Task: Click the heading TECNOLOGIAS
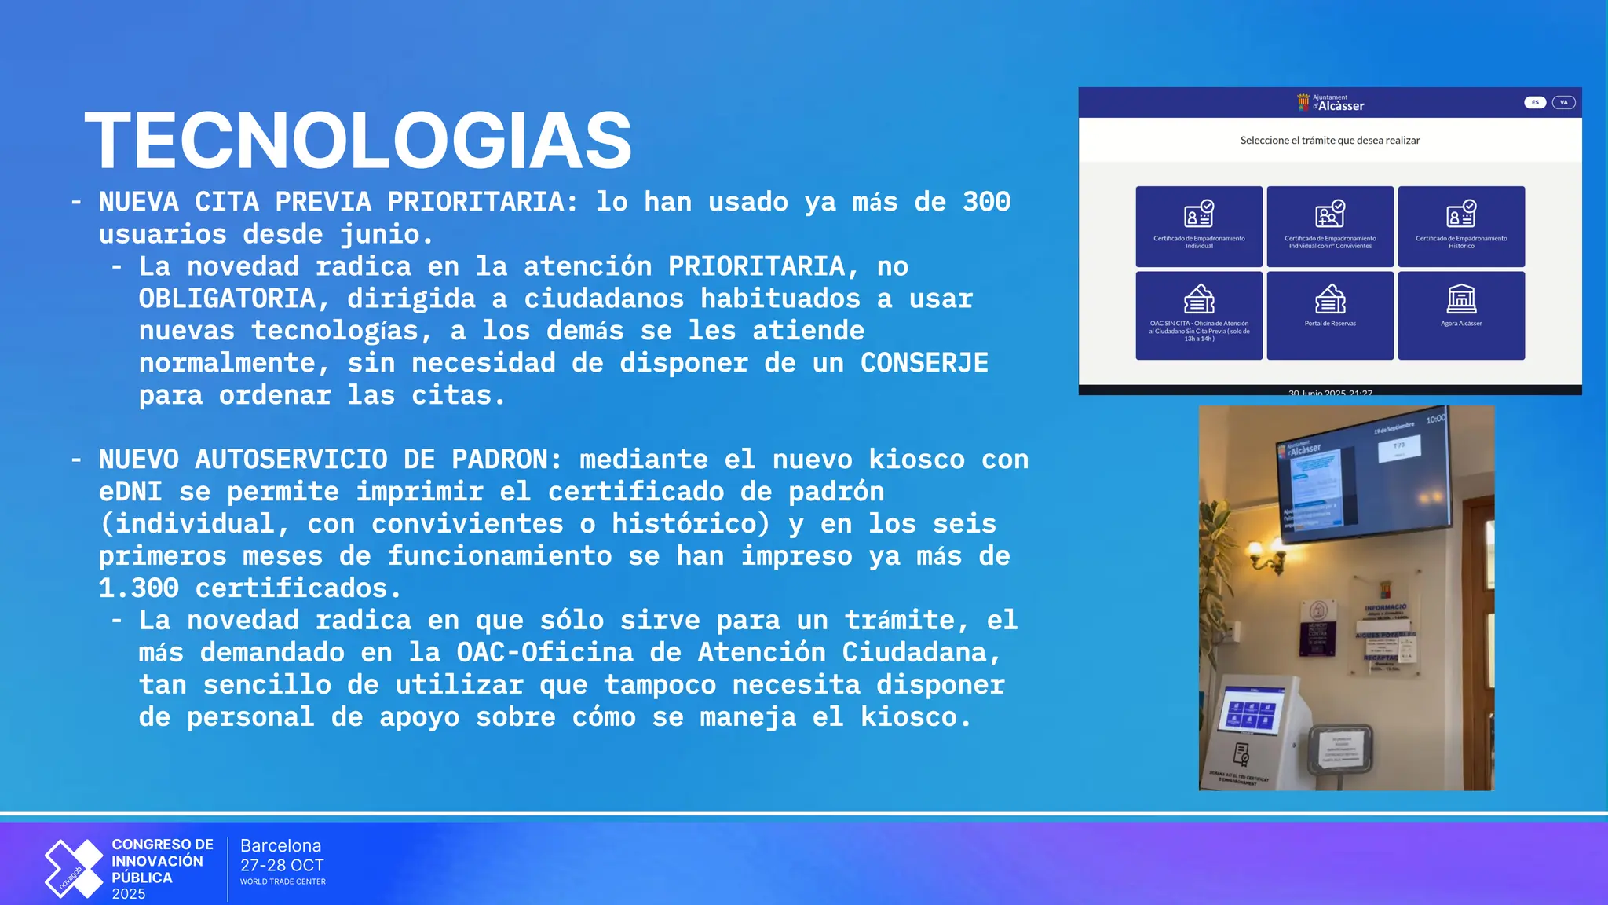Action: click(358, 141)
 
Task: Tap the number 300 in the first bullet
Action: click(986, 202)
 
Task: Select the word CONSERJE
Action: click(924, 363)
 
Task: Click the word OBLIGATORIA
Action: click(227, 299)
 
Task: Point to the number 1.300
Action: click(138, 588)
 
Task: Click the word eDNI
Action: click(130, 492)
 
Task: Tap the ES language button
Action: click(1535, 103)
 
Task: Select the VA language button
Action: click(1563, 103)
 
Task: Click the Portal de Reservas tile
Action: click(1330, 315)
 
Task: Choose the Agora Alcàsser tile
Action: click(1461, 315)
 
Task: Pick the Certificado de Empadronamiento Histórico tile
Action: click(1461, 226)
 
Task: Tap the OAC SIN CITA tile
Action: click(1199, 315)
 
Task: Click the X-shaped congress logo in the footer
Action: click(74, 868)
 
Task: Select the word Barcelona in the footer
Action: click(280, 846)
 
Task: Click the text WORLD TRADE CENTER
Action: click(283, 882)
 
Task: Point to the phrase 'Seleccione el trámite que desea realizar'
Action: click(1330, 141)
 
